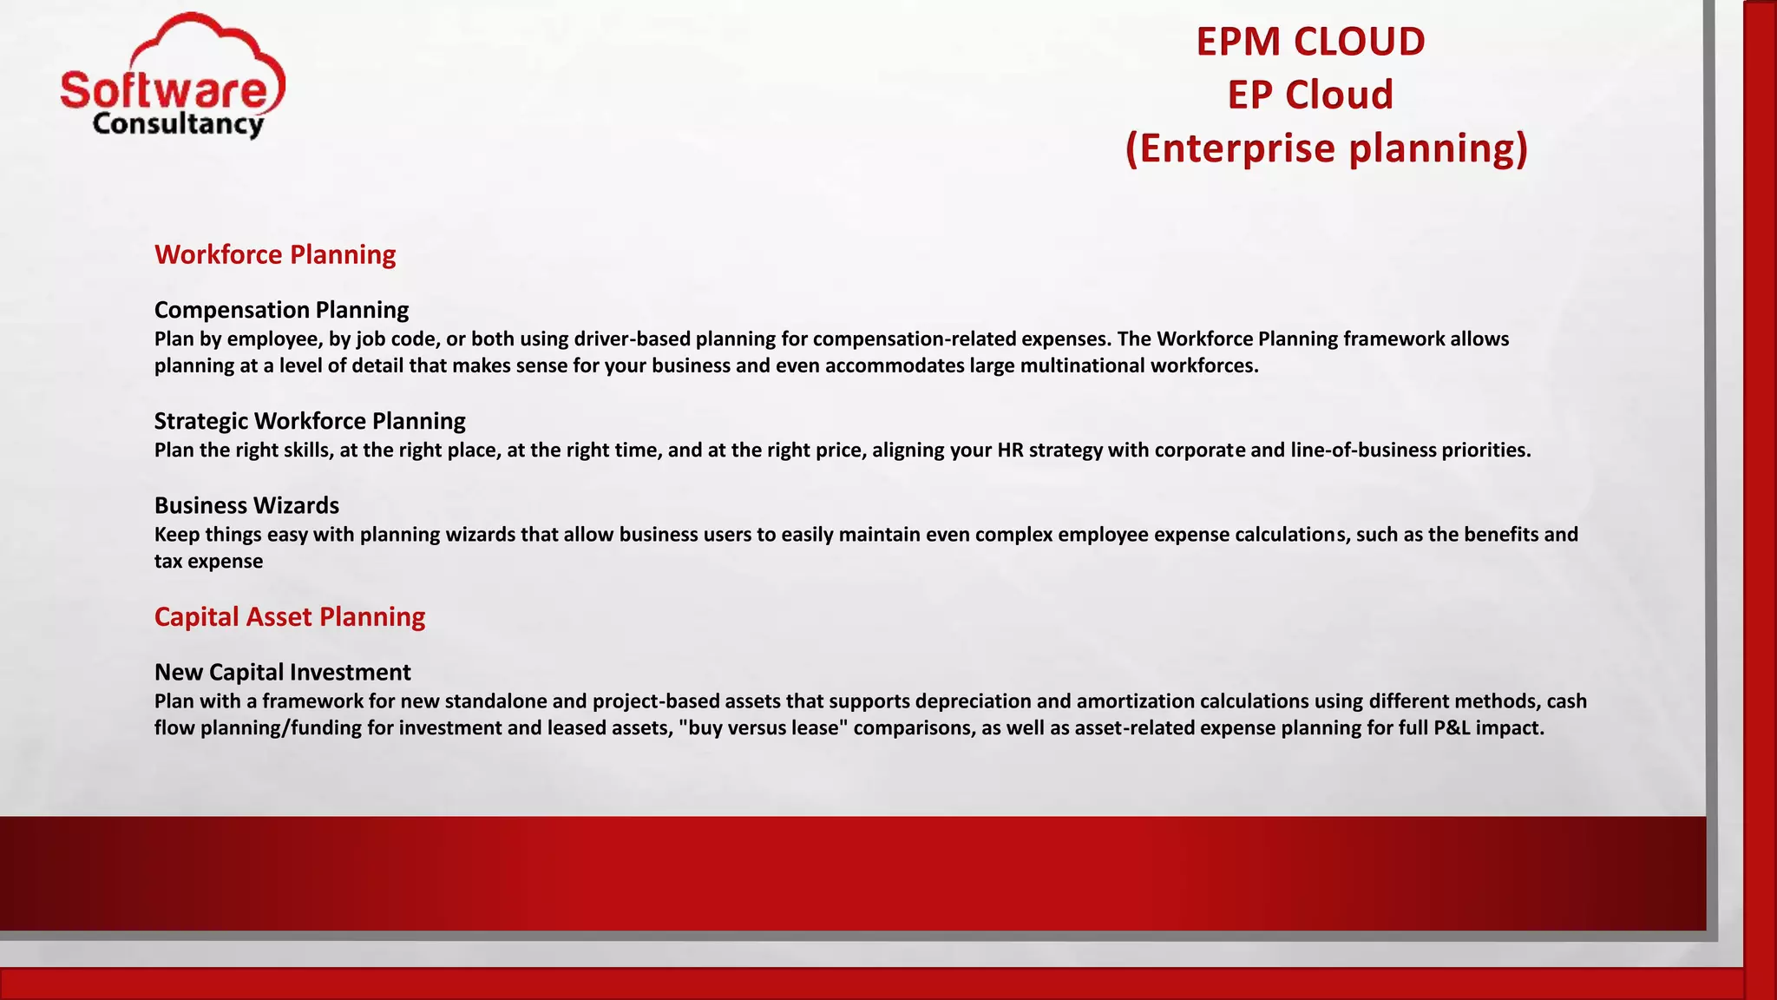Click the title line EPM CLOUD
1310,42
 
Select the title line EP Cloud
1310,95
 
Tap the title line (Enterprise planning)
1326,148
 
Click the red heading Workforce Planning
275,254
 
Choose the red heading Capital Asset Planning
290,616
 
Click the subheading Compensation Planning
281,310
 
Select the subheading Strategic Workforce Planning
310,421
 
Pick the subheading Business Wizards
246,505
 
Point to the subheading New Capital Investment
282,672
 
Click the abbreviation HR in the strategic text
1010,450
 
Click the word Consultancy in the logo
178,124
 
